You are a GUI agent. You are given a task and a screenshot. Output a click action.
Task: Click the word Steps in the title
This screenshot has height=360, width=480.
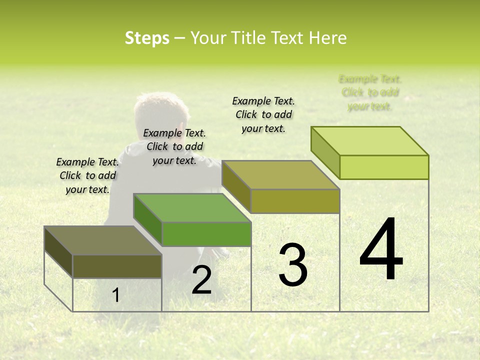coord(147,38)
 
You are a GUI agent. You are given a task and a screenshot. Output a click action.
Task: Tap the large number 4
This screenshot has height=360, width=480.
coord(381,250)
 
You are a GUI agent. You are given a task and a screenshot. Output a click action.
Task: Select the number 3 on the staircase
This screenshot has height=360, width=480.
coord(293,265)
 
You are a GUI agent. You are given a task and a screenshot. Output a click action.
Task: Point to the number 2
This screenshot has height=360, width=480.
coord(201,280)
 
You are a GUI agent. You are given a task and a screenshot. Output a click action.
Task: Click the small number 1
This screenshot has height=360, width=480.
coord(116,295)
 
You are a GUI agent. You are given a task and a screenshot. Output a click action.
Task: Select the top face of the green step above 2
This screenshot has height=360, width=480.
coord(192,207)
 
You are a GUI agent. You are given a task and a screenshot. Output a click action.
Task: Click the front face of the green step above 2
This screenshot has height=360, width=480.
coord(206,234)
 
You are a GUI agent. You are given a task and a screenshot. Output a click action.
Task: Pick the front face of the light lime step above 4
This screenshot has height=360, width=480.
coord(384,167)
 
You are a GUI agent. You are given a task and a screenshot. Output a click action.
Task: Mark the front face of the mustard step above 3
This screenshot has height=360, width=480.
coord(295,201)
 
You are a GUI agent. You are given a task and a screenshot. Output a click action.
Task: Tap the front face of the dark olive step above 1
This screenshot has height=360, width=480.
coord(117,266)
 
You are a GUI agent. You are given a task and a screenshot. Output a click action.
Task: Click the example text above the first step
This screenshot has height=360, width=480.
coord(88,175)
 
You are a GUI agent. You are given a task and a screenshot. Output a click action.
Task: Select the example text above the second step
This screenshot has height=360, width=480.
coord(174,146)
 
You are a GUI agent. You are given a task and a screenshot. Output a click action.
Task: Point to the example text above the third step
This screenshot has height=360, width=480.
coord(263,114)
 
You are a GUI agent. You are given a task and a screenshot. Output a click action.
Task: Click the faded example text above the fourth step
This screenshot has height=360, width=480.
coord(370,92)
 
